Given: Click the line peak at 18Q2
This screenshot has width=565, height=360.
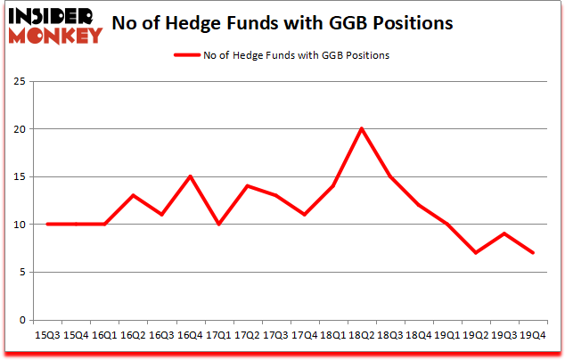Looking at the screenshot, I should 362,128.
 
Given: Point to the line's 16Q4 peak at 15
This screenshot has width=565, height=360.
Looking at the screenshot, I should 190,176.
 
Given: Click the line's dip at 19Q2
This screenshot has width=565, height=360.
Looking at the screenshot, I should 476,252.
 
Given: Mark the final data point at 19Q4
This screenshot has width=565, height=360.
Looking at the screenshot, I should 533,252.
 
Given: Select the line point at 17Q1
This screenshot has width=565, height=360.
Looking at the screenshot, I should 218,224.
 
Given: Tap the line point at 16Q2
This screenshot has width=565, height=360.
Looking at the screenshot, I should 133,195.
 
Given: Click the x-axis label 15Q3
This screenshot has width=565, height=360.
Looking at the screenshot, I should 47,336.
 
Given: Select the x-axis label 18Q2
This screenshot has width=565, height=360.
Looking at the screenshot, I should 362,336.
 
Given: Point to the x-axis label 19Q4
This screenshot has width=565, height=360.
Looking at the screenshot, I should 533,336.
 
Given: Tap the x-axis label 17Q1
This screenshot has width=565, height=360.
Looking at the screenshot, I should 218,336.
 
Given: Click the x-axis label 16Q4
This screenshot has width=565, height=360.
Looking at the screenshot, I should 190,336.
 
